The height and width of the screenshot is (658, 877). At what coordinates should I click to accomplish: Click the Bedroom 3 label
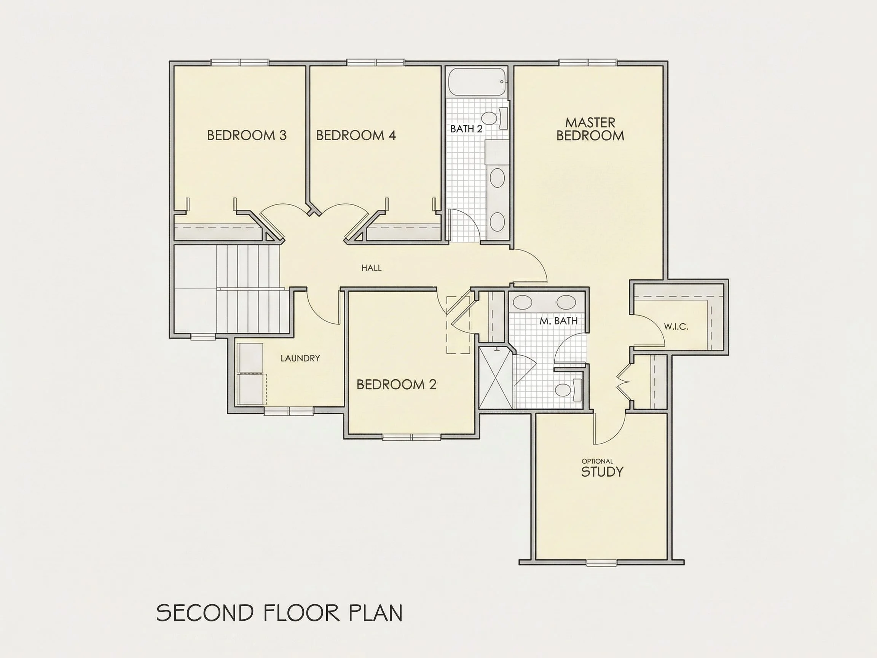247,136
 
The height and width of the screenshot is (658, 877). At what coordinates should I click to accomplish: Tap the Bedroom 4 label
356,136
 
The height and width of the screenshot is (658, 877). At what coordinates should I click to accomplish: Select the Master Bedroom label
590,129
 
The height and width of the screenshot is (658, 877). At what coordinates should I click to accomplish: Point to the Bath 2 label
466,129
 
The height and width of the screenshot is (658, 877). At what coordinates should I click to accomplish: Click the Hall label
372,268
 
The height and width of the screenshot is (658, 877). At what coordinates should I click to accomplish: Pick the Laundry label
300,358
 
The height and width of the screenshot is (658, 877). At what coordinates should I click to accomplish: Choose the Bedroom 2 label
397,384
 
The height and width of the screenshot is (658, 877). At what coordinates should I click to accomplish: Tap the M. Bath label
559,321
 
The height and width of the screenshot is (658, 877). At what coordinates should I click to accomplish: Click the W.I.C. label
676,327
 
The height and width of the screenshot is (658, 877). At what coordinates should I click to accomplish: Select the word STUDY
602,471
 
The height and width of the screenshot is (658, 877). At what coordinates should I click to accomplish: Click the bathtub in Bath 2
478,82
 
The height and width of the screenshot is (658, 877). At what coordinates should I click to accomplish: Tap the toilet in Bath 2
495,118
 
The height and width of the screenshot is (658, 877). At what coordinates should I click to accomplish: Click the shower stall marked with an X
496,378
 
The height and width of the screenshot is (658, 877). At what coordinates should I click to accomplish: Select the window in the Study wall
601,562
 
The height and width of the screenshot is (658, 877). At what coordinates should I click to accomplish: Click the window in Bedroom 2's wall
411,437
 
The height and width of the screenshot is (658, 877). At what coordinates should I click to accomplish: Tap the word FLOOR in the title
302,613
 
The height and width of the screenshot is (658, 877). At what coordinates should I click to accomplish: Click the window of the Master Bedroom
588,62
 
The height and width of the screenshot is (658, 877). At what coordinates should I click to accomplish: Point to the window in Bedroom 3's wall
239,62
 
